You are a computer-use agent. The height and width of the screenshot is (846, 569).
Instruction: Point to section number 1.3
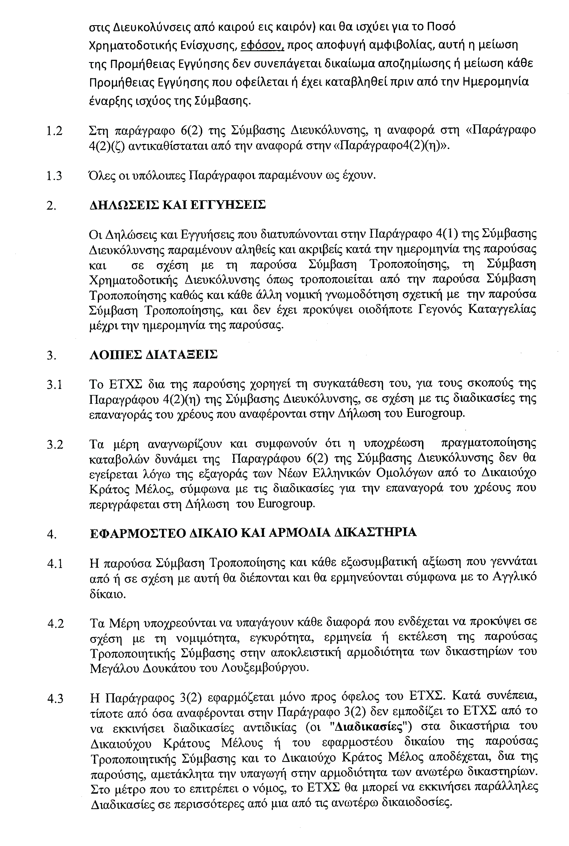tap(54, 176)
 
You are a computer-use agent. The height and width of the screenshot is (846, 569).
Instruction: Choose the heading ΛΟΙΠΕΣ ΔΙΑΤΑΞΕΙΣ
tap(154, 354)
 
